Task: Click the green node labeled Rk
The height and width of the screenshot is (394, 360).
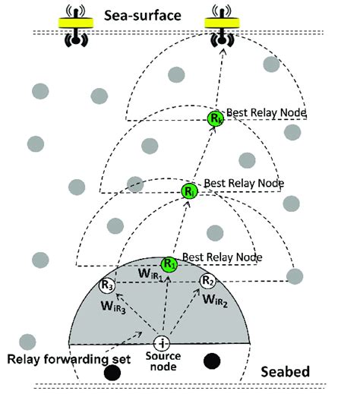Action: [x=216, y=118]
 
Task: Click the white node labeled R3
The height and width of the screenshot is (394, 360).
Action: [x=107, y=285]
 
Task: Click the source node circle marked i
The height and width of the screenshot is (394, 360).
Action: [x=162, y=342]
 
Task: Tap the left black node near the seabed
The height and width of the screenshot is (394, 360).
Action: [x=112, y=373]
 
